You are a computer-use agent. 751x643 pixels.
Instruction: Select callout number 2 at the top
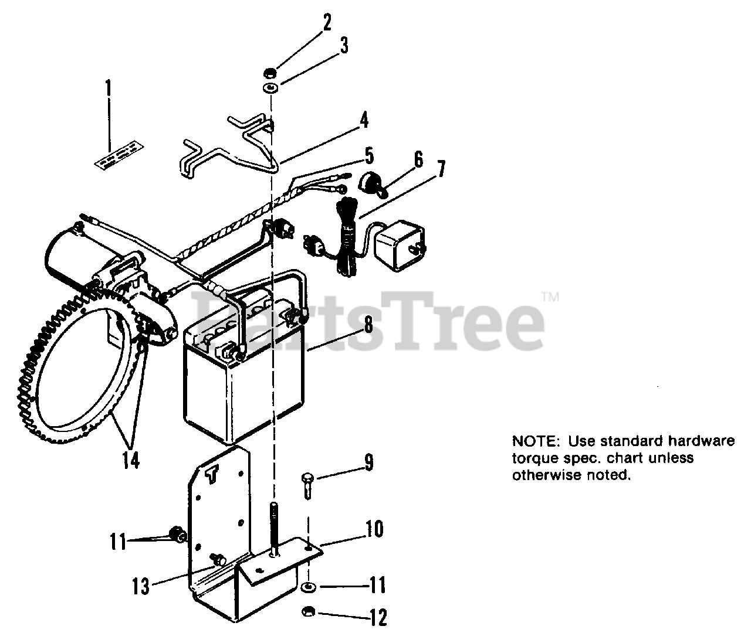[326, 23]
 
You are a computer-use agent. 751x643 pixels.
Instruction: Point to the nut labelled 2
[270, 73]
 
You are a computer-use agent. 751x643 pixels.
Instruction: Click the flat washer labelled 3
[270, 89]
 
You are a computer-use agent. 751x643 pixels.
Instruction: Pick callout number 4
[364, 121]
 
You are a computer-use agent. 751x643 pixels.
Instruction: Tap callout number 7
[439, 169]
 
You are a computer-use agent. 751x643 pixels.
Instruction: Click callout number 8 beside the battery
[368, 324]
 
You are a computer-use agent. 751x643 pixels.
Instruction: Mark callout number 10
[374, 529]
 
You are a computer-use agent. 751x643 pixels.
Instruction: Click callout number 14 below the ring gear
[131, 460]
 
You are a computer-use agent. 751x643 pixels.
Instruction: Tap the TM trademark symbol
[550, 297]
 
